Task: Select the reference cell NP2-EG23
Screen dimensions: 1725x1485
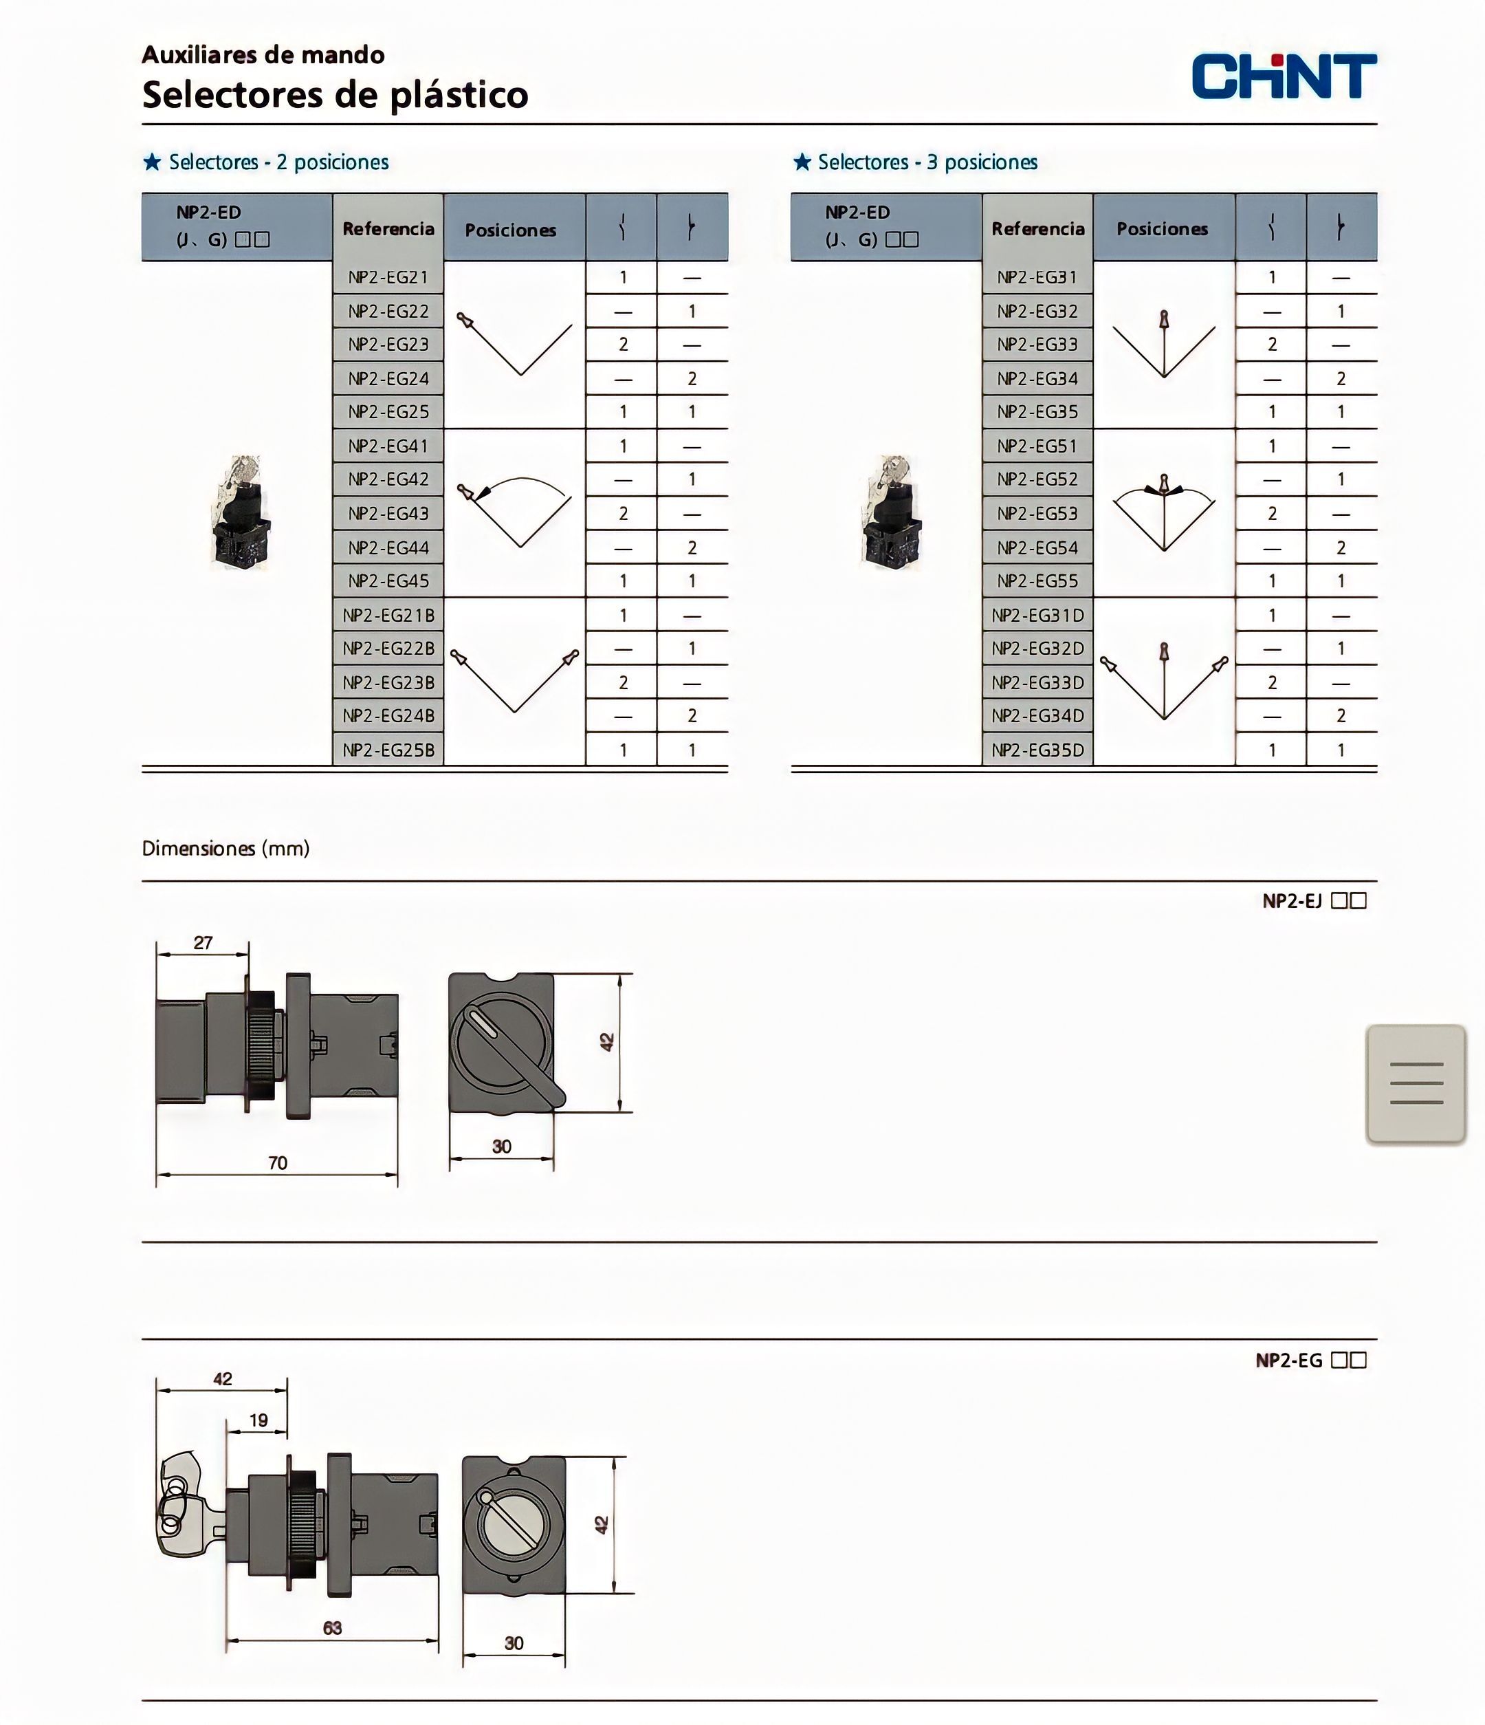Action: click(x=388, y=345)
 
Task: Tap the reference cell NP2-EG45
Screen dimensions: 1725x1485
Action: click(x=388, y=581)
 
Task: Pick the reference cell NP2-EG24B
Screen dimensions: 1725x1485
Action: click(x=388, y=716)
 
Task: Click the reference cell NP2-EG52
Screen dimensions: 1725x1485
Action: click(x=1037, y=479)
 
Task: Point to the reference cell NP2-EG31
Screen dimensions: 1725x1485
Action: click(x=1037, y=277)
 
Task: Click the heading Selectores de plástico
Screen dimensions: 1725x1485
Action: click(x=335, y=95)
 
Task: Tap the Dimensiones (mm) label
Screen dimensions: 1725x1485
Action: click(x=225, y=848)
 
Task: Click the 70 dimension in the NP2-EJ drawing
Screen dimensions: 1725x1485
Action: click(x=277, y=1163)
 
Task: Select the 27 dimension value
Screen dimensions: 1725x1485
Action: click(x=203, y=943)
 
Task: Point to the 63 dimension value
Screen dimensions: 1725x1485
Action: click(x=332, y=1627)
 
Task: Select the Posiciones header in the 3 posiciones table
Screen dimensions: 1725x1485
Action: click(x=1162, y=229)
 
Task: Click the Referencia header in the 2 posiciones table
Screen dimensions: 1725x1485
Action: click(x=388, y=229)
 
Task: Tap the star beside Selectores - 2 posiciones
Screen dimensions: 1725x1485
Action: click(x=153, y=162)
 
